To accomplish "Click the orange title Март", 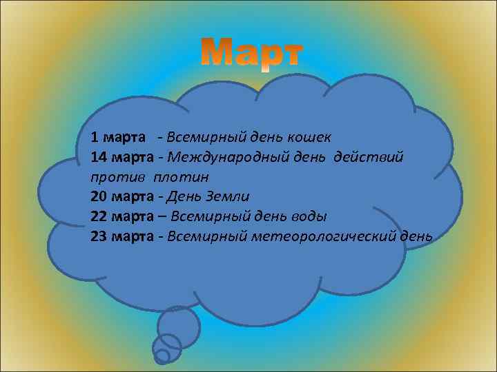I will pos(251,52).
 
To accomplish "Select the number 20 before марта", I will pos(99,196).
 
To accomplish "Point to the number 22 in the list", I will pos(99,216).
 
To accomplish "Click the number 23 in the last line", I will pos(99,236).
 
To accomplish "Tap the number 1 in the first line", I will pos(95,138).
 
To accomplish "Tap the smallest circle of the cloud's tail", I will pos(162,356).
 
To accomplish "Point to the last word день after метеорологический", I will pos(417,236).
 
